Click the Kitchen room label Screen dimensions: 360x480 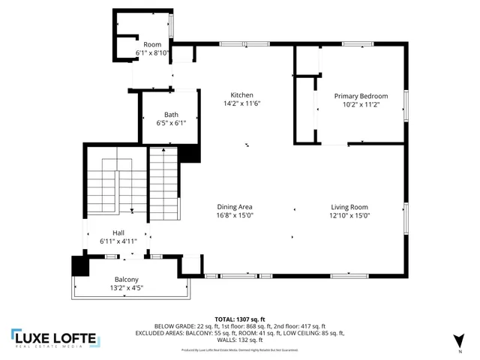click(x=241, y=95)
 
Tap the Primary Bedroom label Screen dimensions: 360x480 click(x=361, y=96)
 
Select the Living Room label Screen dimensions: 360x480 click(x=349, y=207)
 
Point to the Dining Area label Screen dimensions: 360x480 click(x=235, y=207)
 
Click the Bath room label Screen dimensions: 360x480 click(x=172, y=114)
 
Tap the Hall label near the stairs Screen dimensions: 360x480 click(x=118, y=233)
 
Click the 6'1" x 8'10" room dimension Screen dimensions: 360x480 click(x=153, y=53)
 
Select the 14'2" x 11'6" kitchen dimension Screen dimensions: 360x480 click(x=241, y=103)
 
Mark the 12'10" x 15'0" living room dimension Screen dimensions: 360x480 click(x=349, y=215)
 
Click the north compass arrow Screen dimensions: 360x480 click(x=458, y=342)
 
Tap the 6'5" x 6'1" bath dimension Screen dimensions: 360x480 click(x=172, y=123)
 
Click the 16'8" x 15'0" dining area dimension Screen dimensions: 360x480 click(x=235, y=215)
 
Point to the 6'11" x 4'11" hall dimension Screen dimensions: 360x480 click(x=118, y=241)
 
